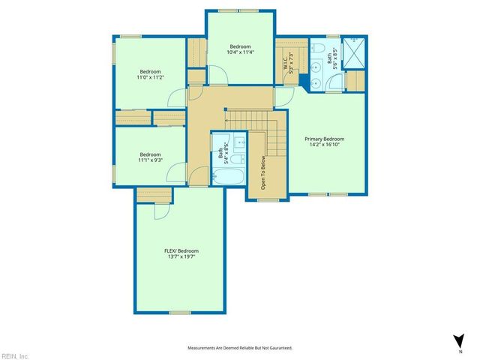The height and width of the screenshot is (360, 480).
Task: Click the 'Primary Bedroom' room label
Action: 324,139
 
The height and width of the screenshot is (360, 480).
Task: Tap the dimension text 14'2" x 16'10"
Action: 324,146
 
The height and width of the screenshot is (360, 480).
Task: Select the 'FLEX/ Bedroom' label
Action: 181,250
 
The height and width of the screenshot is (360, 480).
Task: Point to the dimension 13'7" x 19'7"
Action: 181,257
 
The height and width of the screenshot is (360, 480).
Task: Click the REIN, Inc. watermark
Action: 15,355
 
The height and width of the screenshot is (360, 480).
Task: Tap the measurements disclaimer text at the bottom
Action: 239,348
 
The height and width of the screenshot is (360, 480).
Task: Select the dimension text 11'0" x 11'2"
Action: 150,77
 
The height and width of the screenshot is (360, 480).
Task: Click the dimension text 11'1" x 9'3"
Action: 150,160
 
